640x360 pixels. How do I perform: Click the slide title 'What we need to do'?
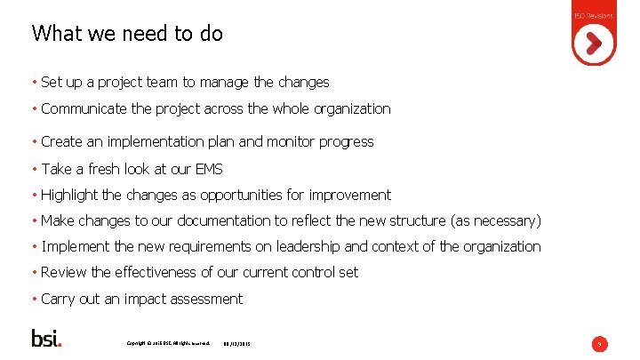[x=127, y=34]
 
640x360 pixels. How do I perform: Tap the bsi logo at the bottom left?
[x=46, y=339]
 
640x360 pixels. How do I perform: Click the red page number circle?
[x=600, y=343]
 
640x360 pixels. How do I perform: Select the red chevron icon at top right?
[x=594, y=42]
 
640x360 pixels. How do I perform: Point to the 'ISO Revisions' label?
[x=594, y=17]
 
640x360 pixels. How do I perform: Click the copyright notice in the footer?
[x=168, y=342]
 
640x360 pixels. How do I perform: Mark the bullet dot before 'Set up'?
[x=34, y=83]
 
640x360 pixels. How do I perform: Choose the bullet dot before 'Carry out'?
[x=34, y=299]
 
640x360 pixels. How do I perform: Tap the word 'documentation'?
[x=201, y=220]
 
